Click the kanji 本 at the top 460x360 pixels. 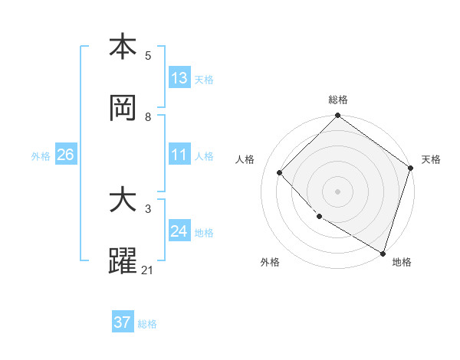click(123, 47)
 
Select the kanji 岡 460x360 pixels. click(123, 108)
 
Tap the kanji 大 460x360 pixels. click(123, 201)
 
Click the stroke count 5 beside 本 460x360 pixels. click(148, 56)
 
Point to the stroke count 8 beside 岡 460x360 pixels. click(148, 117)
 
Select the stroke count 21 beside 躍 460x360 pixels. click(148, 270)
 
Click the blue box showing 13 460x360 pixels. click(179, 78)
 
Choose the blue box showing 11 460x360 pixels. click(179, 155)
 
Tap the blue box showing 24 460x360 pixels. click(179, 231)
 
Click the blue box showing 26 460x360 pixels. click(65, 155)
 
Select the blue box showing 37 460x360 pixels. click(123, 322)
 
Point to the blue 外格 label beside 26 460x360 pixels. click(41, 156)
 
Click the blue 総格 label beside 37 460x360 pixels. click(147, 324)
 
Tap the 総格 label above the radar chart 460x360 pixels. click(338, 100)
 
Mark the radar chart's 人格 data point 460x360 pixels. click(280, 173)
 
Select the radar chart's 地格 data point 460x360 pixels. click(383, 252)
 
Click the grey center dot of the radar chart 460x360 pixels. click(338, 191)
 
